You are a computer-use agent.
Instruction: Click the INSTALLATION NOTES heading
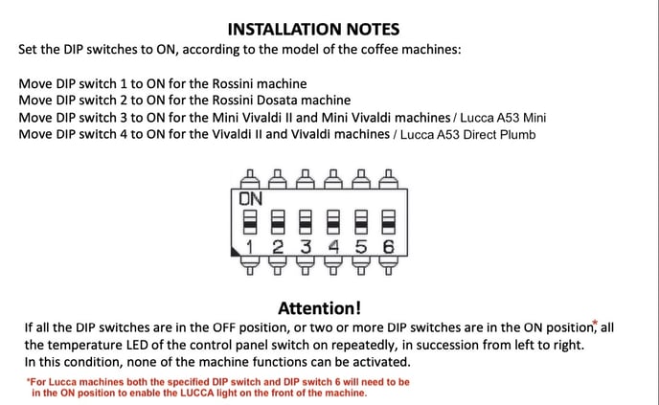(314, 30)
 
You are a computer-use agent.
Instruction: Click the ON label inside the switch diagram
(250, 199)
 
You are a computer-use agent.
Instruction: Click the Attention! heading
(320, 307)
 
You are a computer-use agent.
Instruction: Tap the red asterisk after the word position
(595, 323)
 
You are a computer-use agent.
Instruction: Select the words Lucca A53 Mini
(501, 118)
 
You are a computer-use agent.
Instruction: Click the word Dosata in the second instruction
(253, 101)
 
